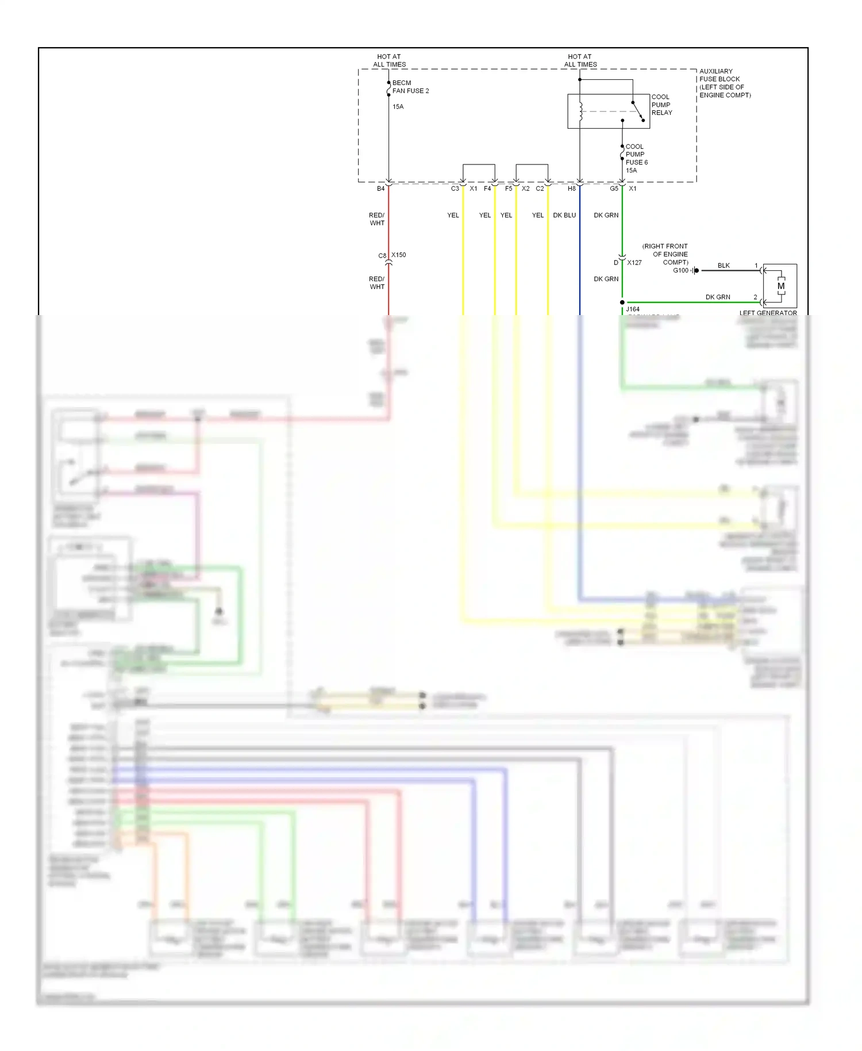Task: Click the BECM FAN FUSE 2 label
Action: tap(410, 87)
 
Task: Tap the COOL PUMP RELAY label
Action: tap(661, 105)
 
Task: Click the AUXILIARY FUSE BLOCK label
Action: tap(725, 83)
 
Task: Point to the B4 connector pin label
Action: tap(380, 189)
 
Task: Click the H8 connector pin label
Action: tap(571, 189)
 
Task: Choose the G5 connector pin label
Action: tap(614, 189)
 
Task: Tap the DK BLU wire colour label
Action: tap(564, 215)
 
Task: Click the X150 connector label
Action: tap(399, 255)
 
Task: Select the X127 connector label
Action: tap(634, 263)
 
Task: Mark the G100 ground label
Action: tap(680, 270)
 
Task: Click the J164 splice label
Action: tap(633, 309)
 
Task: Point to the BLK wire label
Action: tap(724, 266)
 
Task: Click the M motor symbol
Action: tap(780, 286)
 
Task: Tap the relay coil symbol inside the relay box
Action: tap(580, 112)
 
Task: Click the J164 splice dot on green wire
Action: tap(622, 302)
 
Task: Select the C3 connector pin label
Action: tap(455, 189)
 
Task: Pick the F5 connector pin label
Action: tap(508, 189)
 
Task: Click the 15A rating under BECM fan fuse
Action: tap(398, 107)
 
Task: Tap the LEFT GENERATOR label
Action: tap(768, 313)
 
